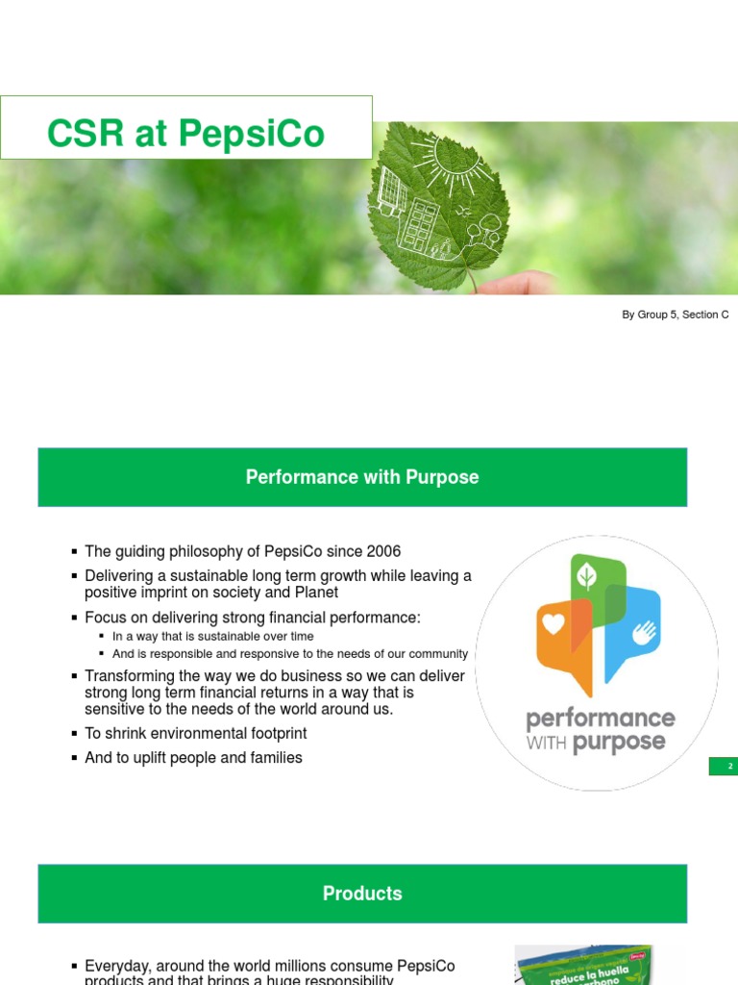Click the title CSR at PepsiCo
[x=186, y=134]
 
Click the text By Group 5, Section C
[x=675, y=315]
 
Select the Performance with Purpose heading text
[x=362, y=477]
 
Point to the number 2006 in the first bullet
[x=381, y=551]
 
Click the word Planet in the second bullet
[x=317, y=593]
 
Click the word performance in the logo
[x=600, y=719]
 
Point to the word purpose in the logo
[x=619, y=743]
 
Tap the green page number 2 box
[x=723, y=766]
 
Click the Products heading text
[x=362, y=894]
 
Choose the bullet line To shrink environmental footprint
[x=195, y=733]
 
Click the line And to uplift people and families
[x=193, y=758]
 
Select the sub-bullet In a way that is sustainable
[x=212, y=636]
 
